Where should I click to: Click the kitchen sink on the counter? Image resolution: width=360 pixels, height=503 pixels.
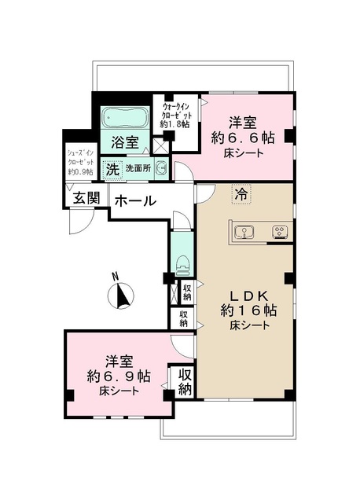tap(246, 231)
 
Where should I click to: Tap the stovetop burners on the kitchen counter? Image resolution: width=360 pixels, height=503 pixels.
tap(279, 231)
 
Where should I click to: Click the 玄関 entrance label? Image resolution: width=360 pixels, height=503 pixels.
tap(86, 198)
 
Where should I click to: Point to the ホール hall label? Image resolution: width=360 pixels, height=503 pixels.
tap(135, 201)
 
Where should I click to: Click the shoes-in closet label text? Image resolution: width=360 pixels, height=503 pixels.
tap(79, 160)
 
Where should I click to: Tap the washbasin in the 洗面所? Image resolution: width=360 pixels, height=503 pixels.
tap(160, 168)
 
